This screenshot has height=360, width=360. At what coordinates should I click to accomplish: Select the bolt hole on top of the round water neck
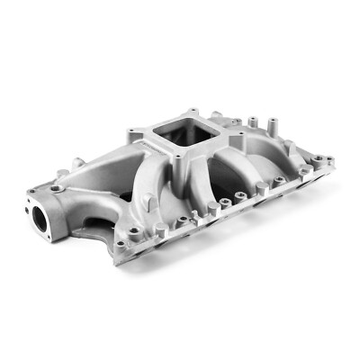[x=58, y=190]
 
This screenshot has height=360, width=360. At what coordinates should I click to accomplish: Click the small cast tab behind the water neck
[x=78, y=162]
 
